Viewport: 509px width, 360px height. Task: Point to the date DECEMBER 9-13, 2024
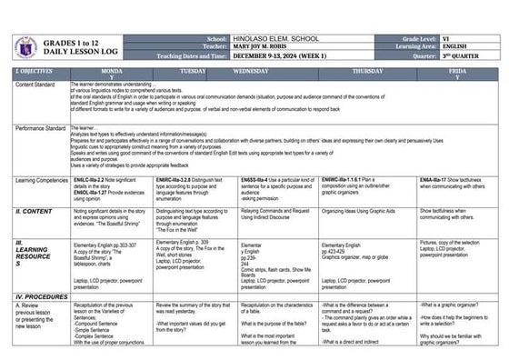click(x=284, y=58)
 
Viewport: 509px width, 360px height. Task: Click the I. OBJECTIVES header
click(x=35, y=70)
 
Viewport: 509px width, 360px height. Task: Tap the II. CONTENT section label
click(x=36, y=211)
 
